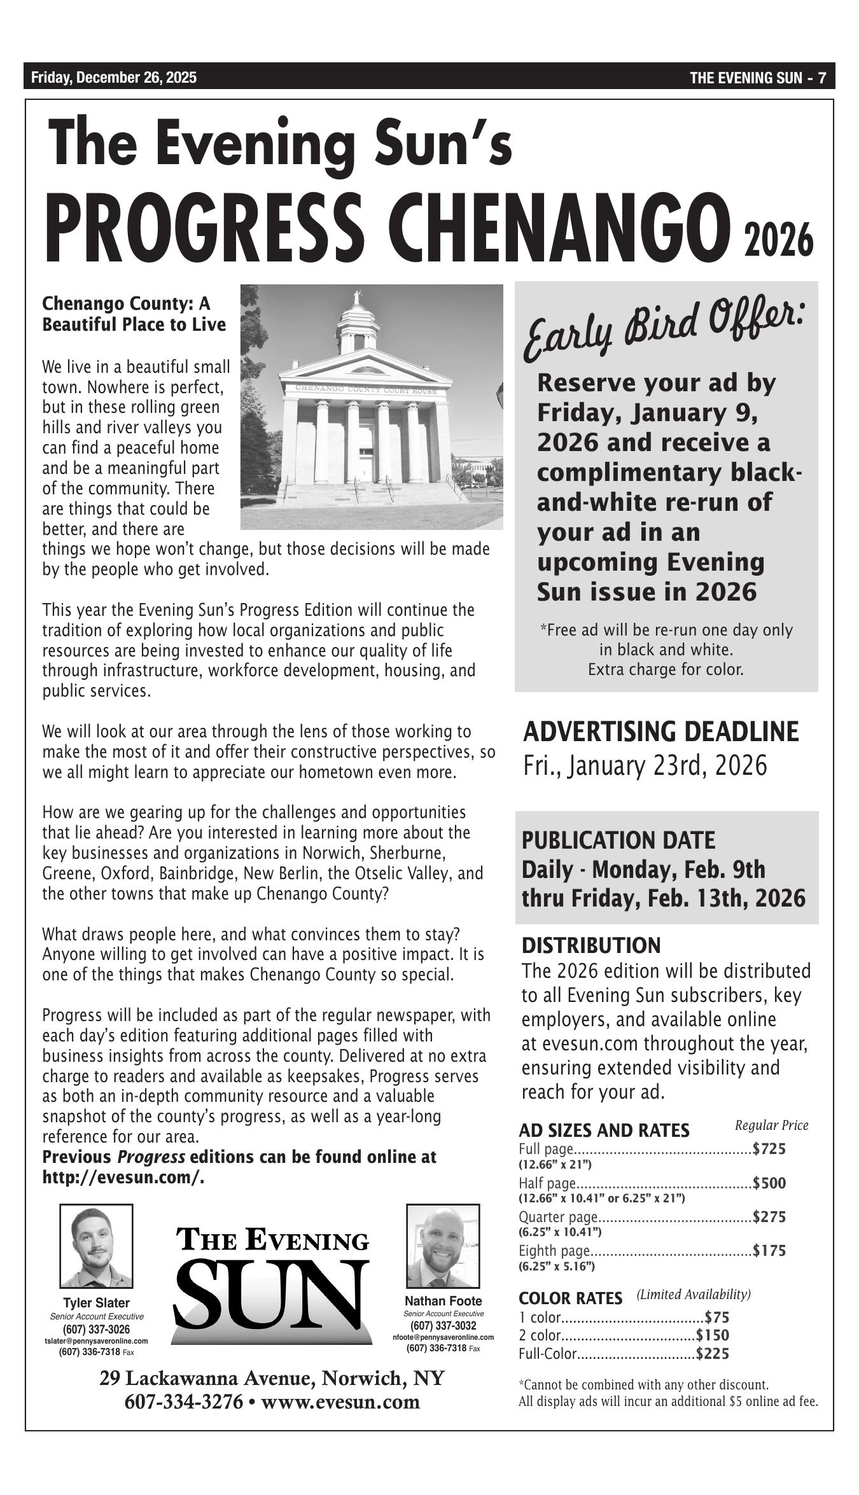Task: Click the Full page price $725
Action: tap(769, 1149)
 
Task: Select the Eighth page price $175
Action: tap(769, 1251)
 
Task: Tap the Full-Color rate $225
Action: tap(713, 1354)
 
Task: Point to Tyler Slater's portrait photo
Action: tap(96, 1246)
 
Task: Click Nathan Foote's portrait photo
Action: tap(443, 1246)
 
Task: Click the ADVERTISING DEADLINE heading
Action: tap(660, 732)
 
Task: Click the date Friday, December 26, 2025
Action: tap(114, 78)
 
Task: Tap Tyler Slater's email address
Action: tap(96, 1341)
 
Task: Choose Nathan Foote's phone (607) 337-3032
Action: tap(443, 1326)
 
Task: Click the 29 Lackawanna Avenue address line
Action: tap(272, 1379)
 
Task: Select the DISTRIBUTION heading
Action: tap(591, 945)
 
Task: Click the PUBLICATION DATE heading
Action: tap(618, 840)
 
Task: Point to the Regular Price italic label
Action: tap(771, 1125)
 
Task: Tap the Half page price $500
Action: tap(769, 1183)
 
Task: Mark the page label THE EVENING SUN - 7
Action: tap(757, 78)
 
